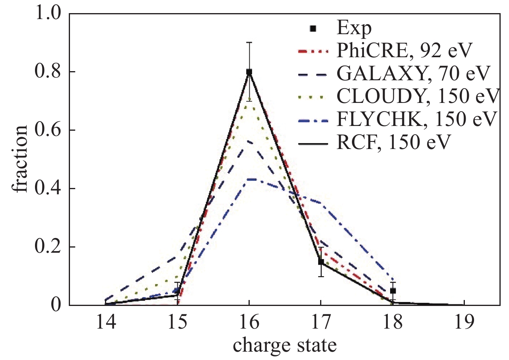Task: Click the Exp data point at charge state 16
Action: [x=249, y=72]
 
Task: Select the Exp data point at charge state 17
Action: [x=321, y=262]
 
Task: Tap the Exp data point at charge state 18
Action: [x=392, y=291]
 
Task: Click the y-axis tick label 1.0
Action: [x=49, y=14]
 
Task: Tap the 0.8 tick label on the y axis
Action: [x=49, y=72]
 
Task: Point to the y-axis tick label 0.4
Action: [x=49, y=189]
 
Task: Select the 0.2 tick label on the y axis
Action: [x=49, y=247]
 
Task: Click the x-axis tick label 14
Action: [x=105, y=322]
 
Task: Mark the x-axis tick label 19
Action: [x=464, y=322]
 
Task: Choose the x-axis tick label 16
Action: [x=249, y=322]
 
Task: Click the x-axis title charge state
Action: [x=285, y=345]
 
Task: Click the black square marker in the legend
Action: [x=313, y=29]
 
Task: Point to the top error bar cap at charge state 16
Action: [x=249, y=43]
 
